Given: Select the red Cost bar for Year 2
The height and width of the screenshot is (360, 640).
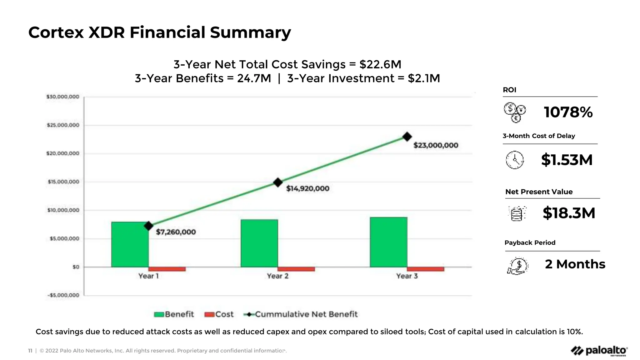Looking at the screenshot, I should click(296, 269).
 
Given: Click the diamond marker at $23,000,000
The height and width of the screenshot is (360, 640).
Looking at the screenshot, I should click(407, 137).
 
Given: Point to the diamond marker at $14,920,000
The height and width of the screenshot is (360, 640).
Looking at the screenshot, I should click(278, 182).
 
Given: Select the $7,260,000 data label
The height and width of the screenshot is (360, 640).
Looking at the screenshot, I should click(176, 232).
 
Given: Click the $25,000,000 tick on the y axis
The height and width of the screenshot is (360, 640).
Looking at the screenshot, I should click(63, 125).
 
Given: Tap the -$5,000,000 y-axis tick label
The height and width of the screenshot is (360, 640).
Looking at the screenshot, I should click(63, 295).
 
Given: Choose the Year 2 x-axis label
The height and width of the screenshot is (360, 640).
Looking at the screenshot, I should click(277, 276).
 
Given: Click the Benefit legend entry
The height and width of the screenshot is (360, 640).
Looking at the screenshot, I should click(174, 314).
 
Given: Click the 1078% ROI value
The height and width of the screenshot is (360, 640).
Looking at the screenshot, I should click(568, 112).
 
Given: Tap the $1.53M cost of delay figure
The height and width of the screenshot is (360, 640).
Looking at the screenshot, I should click(567, 160).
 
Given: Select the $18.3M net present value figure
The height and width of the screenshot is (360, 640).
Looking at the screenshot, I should click(569, 213).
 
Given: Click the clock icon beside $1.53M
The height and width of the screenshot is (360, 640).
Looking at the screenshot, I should click(514, 160).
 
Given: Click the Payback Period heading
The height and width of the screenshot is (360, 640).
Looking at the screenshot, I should click(530, 243).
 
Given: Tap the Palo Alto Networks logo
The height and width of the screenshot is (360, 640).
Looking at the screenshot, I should click(599, 351).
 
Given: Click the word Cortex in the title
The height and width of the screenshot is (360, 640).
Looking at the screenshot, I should click(56, 32).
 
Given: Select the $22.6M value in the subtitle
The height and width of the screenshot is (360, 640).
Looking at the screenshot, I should click(380, 64).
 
